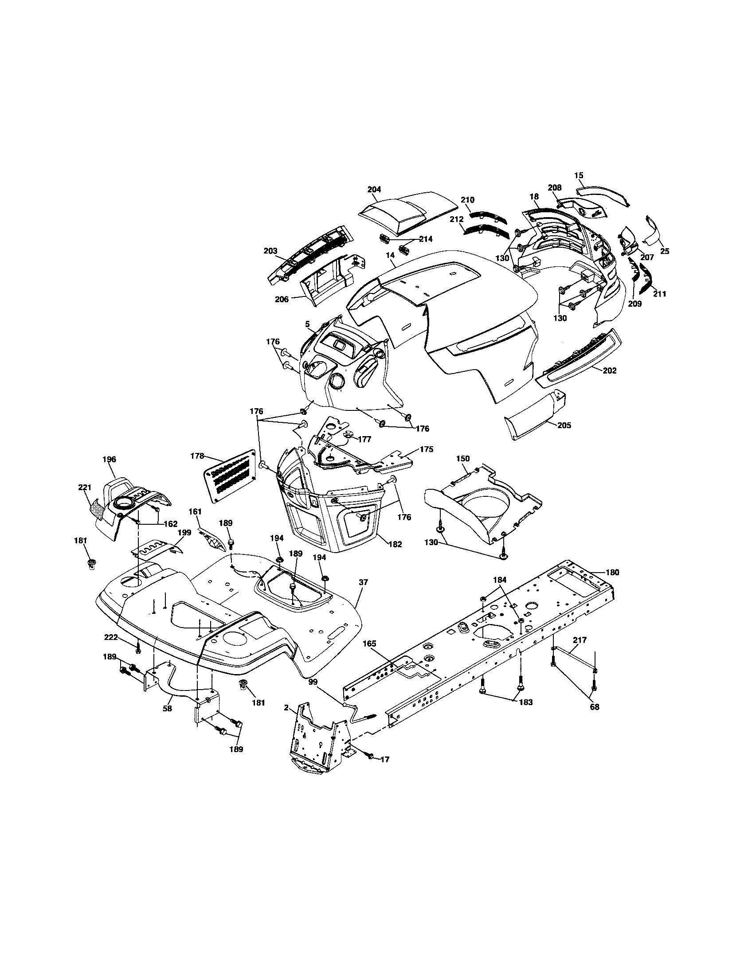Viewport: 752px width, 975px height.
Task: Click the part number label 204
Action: pyautogui.click(x=374, y=189)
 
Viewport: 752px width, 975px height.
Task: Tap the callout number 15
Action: pyautogui.click(x=579, y=175)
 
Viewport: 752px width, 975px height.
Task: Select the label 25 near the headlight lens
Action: pyautogui.click(x=665, y=251)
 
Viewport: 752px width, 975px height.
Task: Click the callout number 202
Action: pyautogui.click(x=610, y=370)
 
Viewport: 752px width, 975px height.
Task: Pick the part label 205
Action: pyautogui.click(x=564, y=425)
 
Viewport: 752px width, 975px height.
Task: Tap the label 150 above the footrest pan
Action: pyautogui.click(x=462, y=459)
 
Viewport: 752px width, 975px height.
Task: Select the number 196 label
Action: pyautogui.click(x=109, y=459)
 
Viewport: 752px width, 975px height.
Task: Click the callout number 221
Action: pyautogui.click(x=84, y=487)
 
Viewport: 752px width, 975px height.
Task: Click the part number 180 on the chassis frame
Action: pyautogui.click(x=612, y=572)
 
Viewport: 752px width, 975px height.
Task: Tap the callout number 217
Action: pyautogui.click(x=580, y=640)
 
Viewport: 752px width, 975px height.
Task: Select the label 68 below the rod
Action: pyautogui.click(x=594, y=707)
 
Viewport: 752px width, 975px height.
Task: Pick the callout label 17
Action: pyautogui.click(x=384, y=759)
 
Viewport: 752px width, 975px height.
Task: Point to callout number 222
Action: pyautogui.click(x=111, y=637)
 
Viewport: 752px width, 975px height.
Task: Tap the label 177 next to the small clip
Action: pyautogui.click(x=364, y=439)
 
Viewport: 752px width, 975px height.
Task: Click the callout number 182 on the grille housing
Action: pyautogui.click(x=395, y=544)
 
